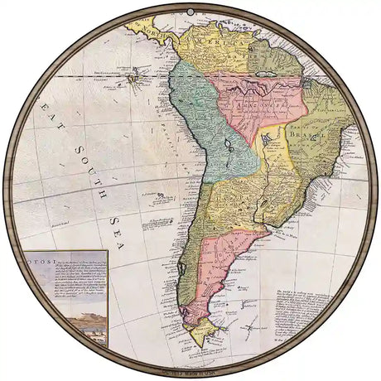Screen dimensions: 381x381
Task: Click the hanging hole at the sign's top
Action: (190, 10)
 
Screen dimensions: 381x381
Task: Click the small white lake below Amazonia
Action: (267, 142)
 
